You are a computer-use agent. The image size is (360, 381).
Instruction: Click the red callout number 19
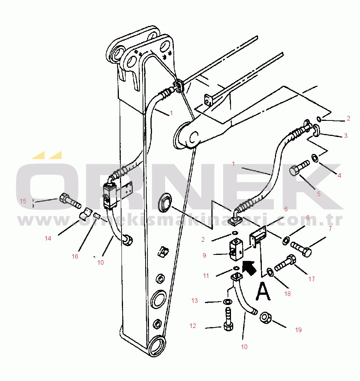298,330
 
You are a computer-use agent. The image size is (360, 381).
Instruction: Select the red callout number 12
193,326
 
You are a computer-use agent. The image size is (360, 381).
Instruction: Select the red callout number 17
311,279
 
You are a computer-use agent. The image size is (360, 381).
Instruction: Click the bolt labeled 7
301,248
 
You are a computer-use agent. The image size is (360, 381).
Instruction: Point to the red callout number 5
318,194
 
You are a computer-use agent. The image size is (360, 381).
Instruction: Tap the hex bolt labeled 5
299,168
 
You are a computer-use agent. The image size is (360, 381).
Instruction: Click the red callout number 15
23,201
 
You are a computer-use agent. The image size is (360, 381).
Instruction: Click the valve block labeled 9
236,250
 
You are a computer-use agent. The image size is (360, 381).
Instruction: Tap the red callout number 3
345,136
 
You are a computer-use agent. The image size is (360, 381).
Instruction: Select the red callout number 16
75,256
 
